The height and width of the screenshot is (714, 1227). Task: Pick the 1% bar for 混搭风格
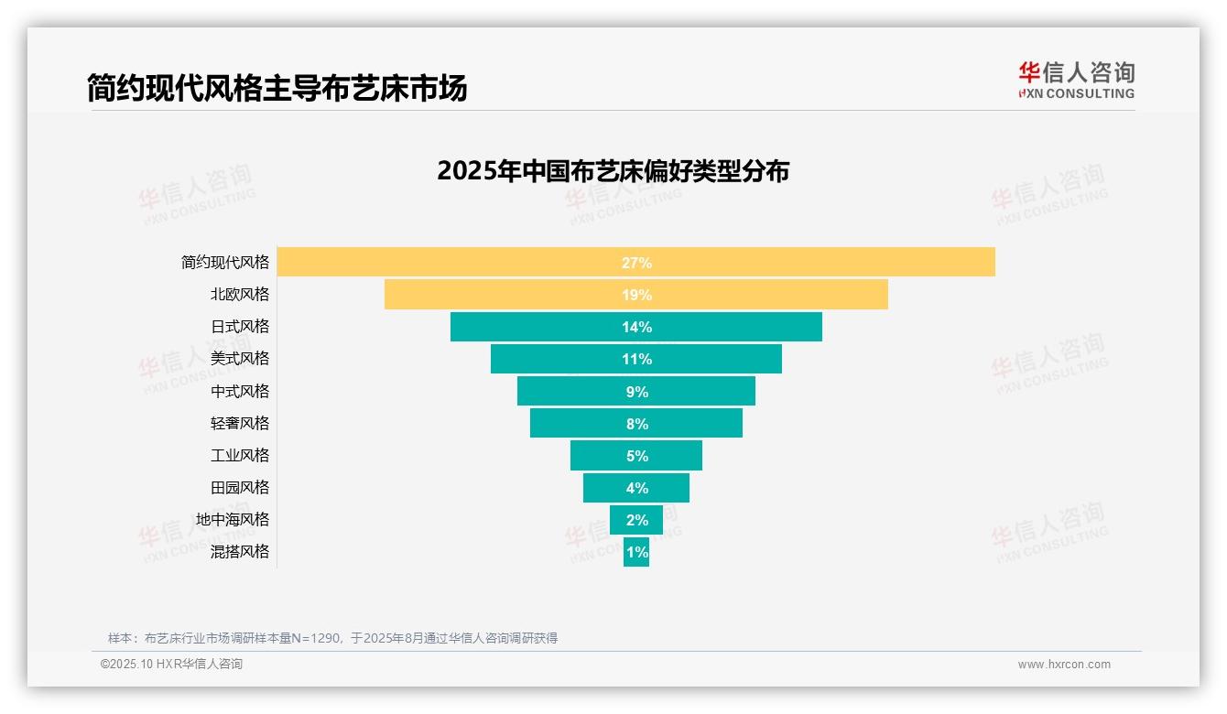(636, 552)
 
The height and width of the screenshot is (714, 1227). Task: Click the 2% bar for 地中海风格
(636, 520)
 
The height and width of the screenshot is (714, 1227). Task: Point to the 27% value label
(636, 263)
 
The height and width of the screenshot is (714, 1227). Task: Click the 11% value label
(636, 359)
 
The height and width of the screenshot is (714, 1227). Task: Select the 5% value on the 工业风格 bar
(636, 456)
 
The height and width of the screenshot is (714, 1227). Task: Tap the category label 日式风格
(240, 327)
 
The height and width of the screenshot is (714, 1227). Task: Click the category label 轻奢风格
(240, 423)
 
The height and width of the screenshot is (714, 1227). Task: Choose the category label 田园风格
(240, 488)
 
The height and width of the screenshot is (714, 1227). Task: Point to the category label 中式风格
(240, 391)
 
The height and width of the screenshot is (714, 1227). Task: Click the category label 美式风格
(240, 359)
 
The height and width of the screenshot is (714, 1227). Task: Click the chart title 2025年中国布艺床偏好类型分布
(613, 171)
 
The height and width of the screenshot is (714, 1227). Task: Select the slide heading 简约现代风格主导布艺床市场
(277, 88)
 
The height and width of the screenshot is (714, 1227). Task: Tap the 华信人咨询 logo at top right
(1076, 80)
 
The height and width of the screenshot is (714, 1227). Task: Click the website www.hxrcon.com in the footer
(1064, 665)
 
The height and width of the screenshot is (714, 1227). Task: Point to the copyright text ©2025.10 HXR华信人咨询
(171, 665)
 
